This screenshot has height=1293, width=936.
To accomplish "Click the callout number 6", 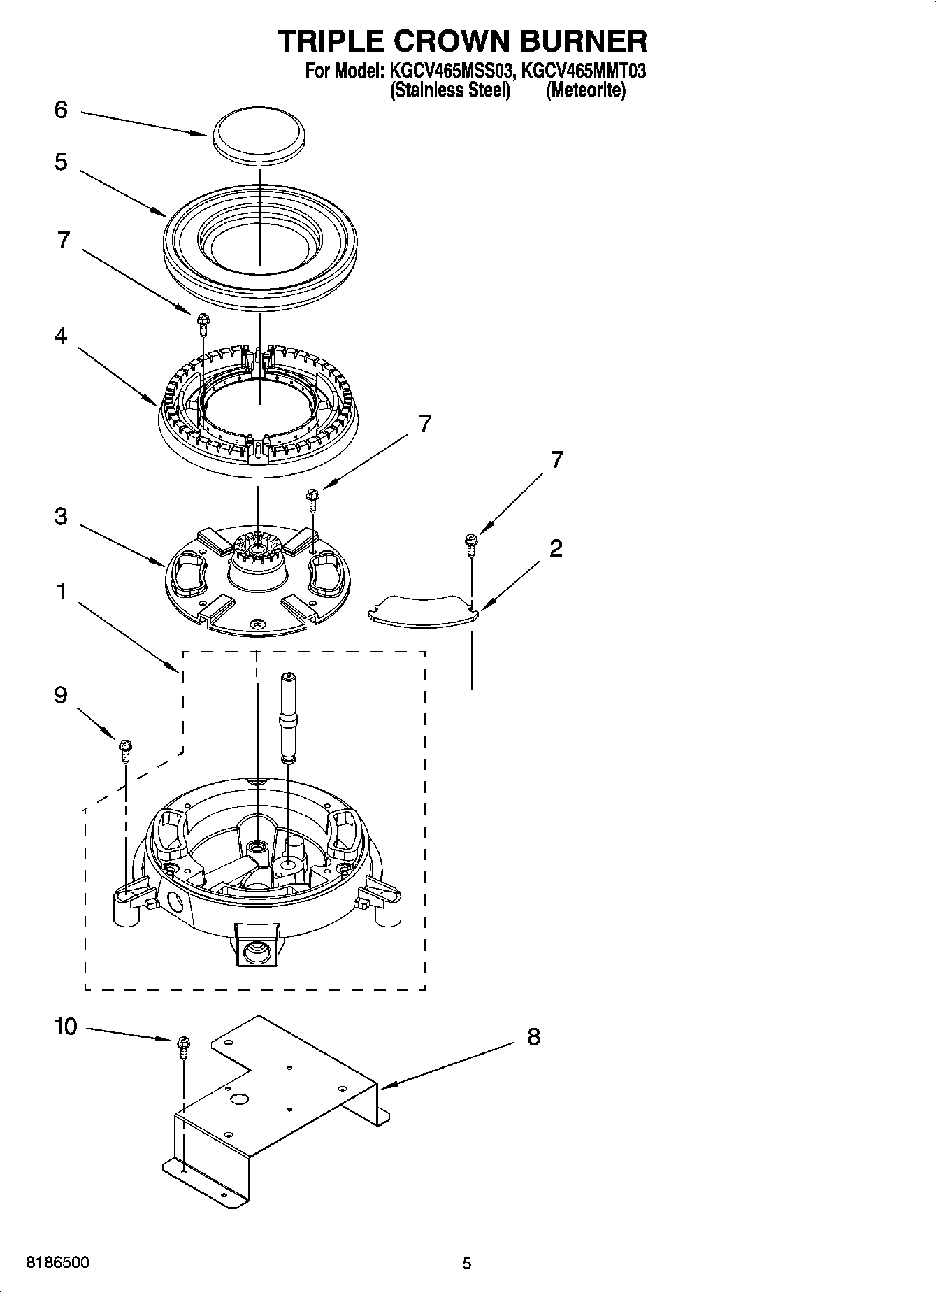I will (61, 110).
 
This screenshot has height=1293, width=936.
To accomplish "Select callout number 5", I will (61, 162).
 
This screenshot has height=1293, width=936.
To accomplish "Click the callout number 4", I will (61, 336).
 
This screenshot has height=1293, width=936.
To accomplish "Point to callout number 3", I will (61, 517).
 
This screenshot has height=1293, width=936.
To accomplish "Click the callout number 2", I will (556, 548).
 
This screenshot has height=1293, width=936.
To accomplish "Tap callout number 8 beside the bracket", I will (533, 1037).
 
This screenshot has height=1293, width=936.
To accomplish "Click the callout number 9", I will (61, 695).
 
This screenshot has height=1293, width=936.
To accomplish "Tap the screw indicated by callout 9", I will (126, 750).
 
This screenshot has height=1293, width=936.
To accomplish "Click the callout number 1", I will (61, 592).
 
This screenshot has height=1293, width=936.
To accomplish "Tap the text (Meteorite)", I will (586, 91).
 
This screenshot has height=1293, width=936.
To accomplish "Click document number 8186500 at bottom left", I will (57, 1263).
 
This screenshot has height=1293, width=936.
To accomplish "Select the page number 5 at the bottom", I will (467, 1264).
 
